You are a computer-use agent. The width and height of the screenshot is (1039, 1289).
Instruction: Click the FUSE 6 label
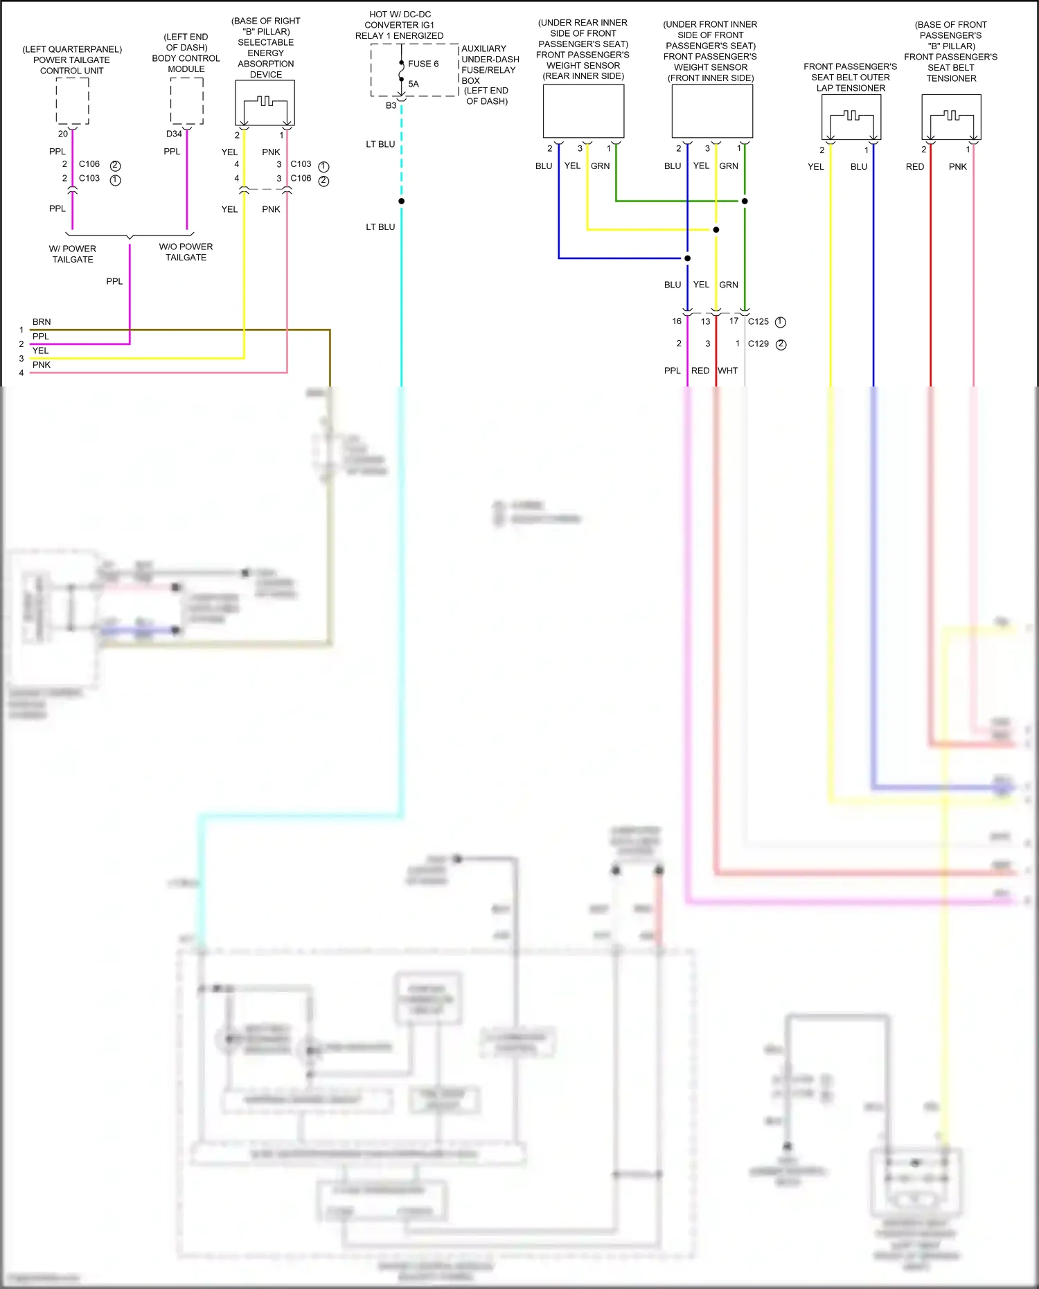(x=423, y=64)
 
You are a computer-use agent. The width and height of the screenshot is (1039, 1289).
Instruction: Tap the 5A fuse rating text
(x=414, y=84)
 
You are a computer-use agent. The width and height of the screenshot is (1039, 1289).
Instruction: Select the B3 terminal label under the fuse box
(x=391, y=105)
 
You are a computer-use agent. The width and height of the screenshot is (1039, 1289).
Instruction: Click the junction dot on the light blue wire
(x=402, y=201)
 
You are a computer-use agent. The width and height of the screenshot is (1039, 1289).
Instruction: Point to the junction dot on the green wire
(x=745, y=201)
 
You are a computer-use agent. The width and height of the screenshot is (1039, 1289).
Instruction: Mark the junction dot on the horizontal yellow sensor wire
(x=716, y=229)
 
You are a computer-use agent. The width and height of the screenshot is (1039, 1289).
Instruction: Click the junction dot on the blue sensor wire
(x=687, y=258)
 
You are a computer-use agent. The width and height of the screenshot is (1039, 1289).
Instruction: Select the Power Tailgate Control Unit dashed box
(x=72, y=101)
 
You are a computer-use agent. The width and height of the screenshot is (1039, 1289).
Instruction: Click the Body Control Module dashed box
(x=186, y=101)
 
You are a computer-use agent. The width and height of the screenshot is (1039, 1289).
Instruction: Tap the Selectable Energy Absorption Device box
(x=265, y=103)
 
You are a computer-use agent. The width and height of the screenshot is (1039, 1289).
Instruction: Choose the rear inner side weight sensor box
(x=583, y=111)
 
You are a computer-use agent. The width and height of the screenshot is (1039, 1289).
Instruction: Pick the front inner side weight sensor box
(x=712, y=111)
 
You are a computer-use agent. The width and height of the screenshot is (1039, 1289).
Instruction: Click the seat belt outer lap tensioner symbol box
(x=851, y=117)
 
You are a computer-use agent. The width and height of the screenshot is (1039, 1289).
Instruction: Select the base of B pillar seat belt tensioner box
(x=951, y=117)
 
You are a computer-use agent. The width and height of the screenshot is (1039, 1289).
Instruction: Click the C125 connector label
(x=758, y=321)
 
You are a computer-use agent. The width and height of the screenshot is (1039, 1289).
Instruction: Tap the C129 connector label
(x=758, y=344)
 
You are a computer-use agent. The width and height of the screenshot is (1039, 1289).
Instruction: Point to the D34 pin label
(x=174, y=134)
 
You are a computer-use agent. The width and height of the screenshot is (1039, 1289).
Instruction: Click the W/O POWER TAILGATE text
(x=186, y=252)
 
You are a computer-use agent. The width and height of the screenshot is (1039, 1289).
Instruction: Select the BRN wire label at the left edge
(x=42, y=322)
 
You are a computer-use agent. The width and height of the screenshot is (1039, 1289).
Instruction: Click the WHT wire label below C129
(x=728, y=371)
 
